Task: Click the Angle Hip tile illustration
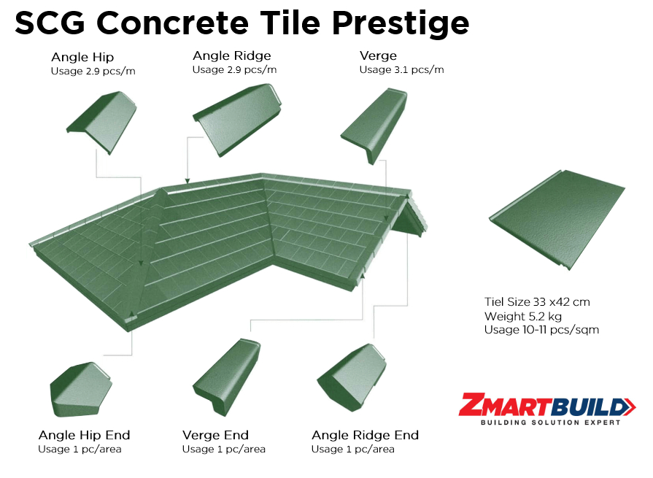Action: (102, 123)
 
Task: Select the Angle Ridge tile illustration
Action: (237, 120)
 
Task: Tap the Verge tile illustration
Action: (374, 126)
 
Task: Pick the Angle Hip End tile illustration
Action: (81, 390)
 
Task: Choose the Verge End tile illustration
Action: (226, 377)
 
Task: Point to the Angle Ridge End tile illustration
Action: (352, 377)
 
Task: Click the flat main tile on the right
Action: (557, 220)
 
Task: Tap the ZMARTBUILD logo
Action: (546, 409)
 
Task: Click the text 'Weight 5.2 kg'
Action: (523, 317)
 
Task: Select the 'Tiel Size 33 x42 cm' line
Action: (537, 302)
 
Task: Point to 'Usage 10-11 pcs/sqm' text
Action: (542, 330)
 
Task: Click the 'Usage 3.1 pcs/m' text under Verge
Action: (402, 70)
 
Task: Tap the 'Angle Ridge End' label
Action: (366, 435)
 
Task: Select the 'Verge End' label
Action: (216, 435)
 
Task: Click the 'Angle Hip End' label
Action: (84, 435)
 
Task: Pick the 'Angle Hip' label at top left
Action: (82, 57)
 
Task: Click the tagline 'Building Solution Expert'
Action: (551, 423)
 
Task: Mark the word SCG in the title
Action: (50, 23)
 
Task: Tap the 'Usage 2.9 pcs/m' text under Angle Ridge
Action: (234, 70)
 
